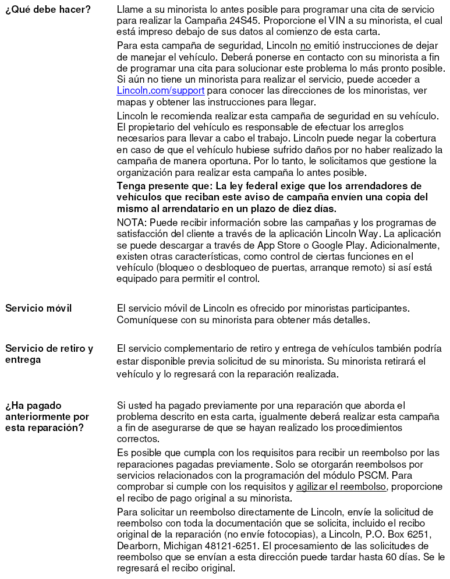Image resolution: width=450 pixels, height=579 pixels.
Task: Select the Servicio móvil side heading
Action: click(38, 308)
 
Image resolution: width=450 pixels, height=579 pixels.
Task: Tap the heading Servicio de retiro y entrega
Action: click(49, 354)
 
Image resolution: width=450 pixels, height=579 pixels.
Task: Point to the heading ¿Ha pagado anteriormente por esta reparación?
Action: click(47, 416)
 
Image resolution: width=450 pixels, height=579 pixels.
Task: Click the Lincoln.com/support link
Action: click(160, 91)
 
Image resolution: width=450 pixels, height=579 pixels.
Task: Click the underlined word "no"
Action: click(306, 47)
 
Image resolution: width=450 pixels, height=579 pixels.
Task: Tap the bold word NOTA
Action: click(130, 223)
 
